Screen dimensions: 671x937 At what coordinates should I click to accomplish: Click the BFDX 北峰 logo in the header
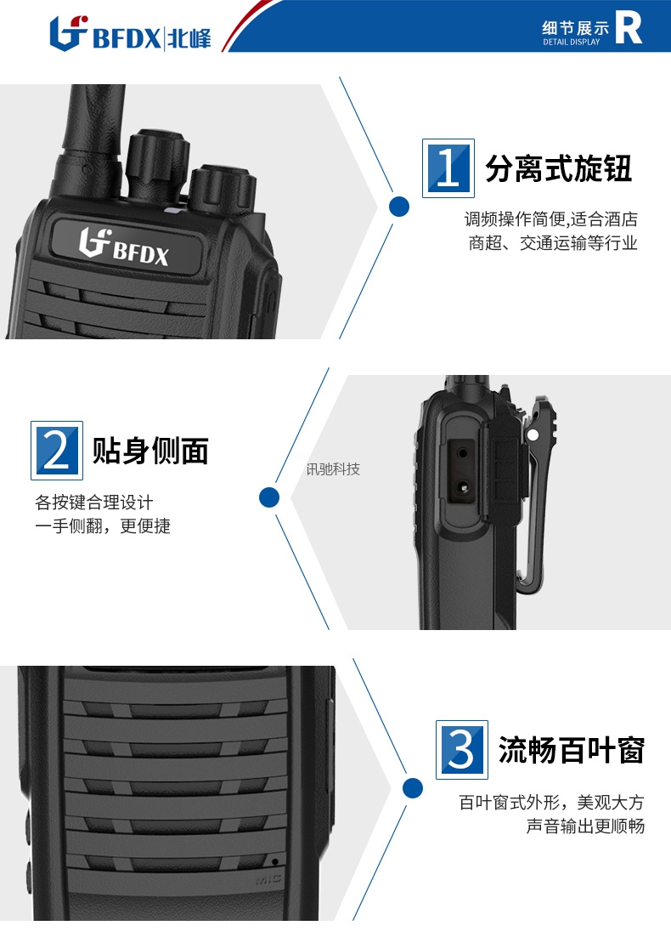pyautogui.click(x=130, y=33)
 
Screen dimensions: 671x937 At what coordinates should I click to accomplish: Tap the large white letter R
pyautogui.click(x=629, y=28)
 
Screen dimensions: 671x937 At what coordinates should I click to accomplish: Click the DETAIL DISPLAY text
pyautogui.click(x=572, y=43)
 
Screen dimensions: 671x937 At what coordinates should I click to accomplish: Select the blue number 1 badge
pyautogui.click(x=448, y=168)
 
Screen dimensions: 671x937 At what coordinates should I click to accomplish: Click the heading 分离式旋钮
pyautogui.click(x=558, y=168)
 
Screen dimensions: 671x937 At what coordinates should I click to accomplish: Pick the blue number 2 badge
pyautogui.click(x=57, y=451)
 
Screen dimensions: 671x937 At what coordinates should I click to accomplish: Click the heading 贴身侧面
pyautogui.click(x=150, y=451)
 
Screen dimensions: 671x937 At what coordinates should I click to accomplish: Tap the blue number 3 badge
pyautogui.click(x=462, y=749)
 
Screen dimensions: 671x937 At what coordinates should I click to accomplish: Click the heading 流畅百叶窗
pyautogui.click(x=572, y=750)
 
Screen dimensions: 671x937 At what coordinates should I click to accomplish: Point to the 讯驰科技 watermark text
pyautogui.click(x=333, y=469)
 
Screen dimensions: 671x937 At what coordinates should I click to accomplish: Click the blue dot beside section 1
pyautogui.click(x=399, y=207)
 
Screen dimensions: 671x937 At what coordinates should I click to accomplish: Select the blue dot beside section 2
pyautogui.click(x=269, y=497)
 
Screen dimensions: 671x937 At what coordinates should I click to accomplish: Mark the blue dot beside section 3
pyautogui.click(x=413, y=787)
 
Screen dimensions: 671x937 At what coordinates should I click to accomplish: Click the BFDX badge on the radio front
pyautogui.click(x=126, y=246)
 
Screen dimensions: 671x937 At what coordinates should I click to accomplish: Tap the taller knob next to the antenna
pyautogui.click(x=158, y=163)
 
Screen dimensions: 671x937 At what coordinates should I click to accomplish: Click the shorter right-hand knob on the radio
pyautogui.click(x=223, y=189)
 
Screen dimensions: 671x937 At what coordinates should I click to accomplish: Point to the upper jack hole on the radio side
pyautogui.click(x=463, y=453)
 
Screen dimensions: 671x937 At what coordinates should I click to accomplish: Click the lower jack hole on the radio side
pyautogui.click(x=463, y=487)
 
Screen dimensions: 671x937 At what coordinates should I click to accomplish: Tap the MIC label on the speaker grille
pyautogui.click(x=268, y=880)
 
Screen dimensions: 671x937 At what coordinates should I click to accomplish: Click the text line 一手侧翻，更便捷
pyautogui.click(x=103, y=525)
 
